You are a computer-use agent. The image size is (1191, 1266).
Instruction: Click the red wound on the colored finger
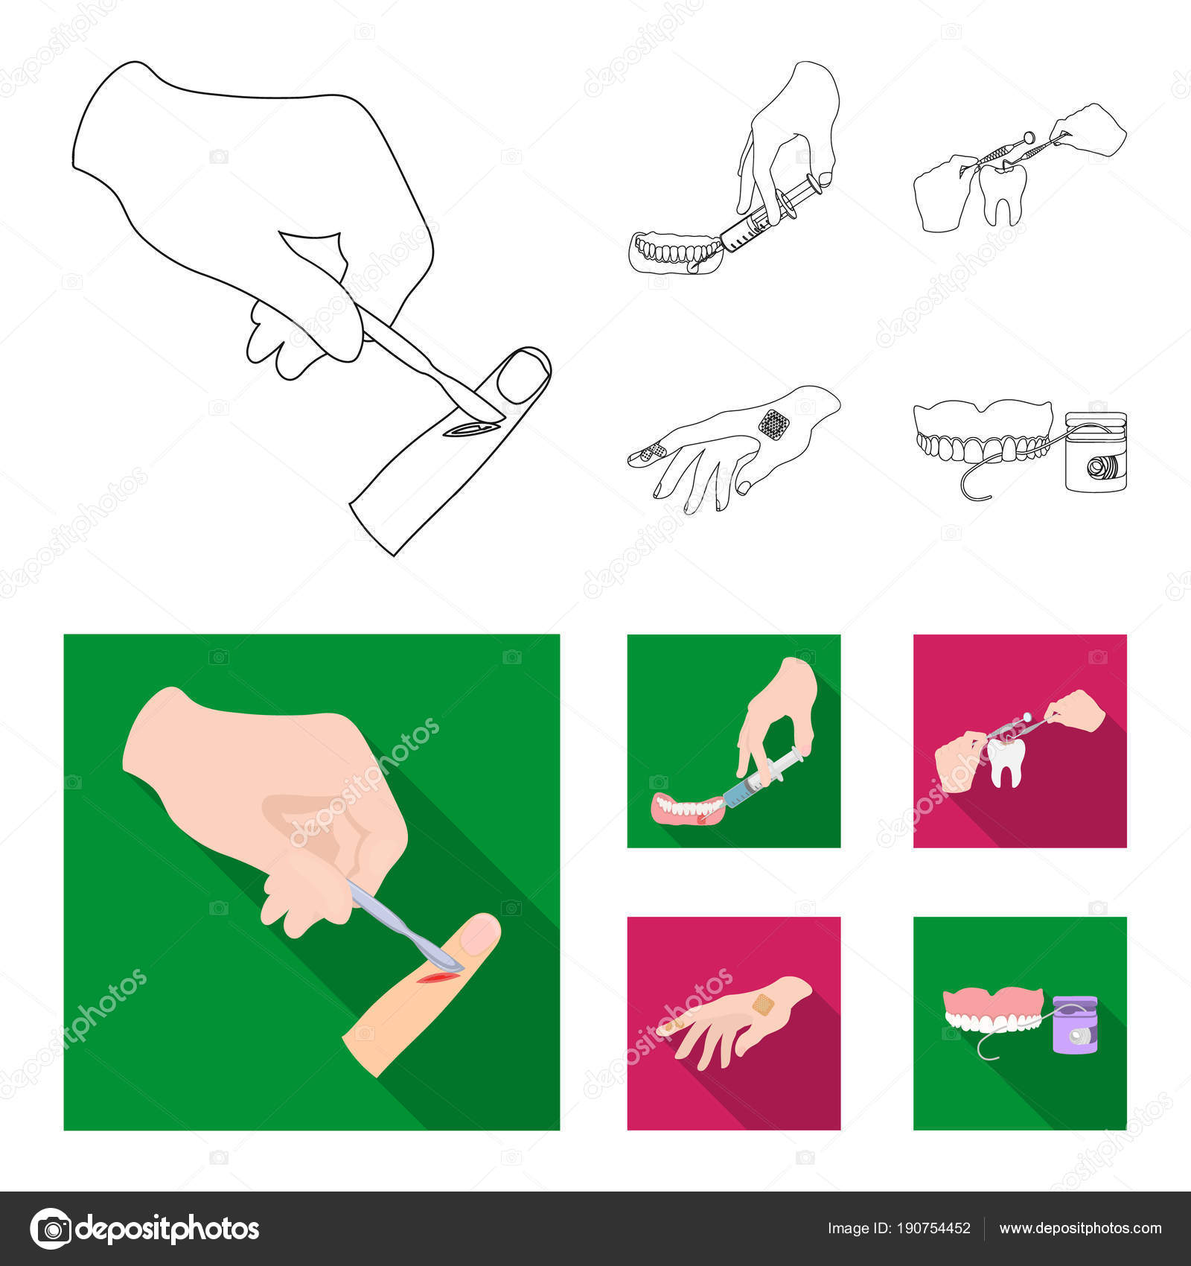click(x=435, y=977)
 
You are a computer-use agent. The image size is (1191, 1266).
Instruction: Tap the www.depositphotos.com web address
click(x=1080, y=1228)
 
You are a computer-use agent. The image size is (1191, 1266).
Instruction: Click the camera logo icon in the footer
click(x=51, y=1228)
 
